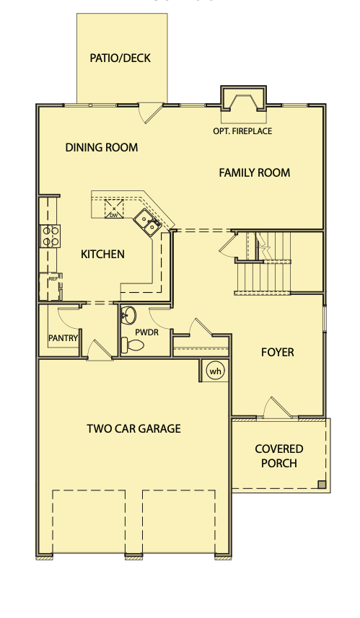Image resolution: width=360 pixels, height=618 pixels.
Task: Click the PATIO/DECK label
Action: pos(120,58)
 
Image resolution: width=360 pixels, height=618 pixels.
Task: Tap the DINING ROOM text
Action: pos(102,147)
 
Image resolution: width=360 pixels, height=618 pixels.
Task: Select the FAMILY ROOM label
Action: pos(255,172)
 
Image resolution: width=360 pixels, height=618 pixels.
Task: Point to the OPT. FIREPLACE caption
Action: pos(242,131)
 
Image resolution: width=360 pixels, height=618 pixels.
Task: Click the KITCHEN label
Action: pos(103,255)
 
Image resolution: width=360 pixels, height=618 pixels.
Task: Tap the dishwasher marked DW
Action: pos(114,209)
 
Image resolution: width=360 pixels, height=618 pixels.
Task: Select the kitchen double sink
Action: pos(146,222)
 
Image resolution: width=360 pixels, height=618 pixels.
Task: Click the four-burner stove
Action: pos(50,236)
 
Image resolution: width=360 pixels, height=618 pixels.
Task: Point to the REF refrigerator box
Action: pos(51,286)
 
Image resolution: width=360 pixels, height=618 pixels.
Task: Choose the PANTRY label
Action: pos(63,338)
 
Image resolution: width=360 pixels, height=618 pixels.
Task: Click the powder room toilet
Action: pos(132,345)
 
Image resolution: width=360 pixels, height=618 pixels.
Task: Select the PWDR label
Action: pos(146,332)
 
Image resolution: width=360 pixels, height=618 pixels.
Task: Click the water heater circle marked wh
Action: pos(216,371)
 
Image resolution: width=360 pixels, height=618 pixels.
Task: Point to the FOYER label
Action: pos(278,352)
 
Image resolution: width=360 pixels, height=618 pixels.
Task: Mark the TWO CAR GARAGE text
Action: pos(133,428)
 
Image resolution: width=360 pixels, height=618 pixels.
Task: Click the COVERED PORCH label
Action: pos(279,456)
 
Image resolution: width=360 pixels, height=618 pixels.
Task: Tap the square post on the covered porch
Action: pos(322,485)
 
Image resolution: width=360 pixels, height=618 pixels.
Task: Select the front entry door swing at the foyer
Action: pos(277,407)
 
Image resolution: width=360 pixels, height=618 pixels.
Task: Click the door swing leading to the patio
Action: pos(151,112)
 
